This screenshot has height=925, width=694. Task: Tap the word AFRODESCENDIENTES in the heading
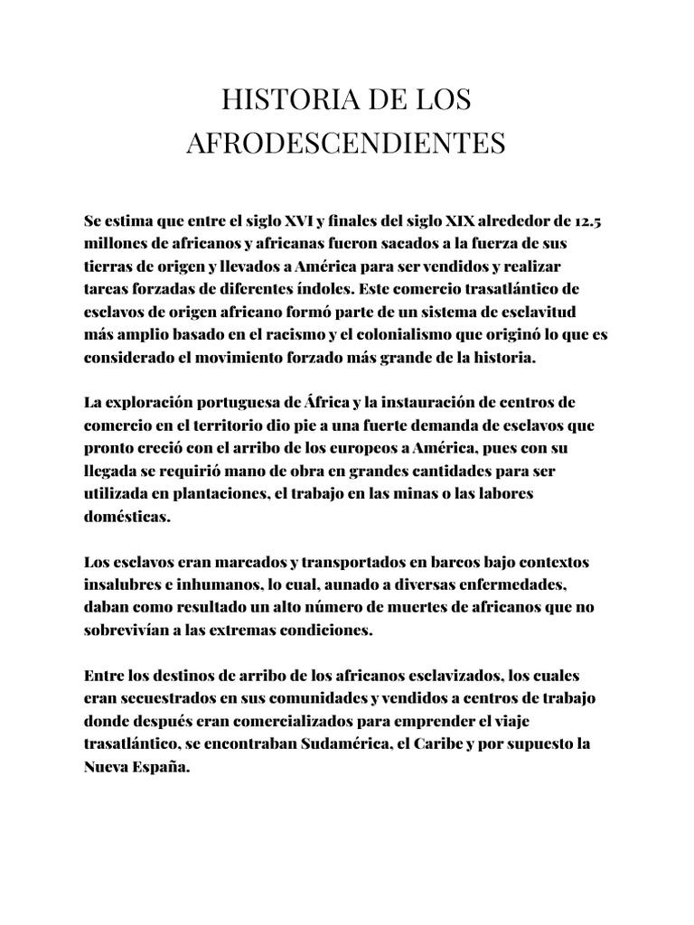click(x=347, y=144)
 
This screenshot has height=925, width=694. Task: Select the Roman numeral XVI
click(x=294, y=221)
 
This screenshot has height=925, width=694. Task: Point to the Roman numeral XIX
click(x=459, y=221)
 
